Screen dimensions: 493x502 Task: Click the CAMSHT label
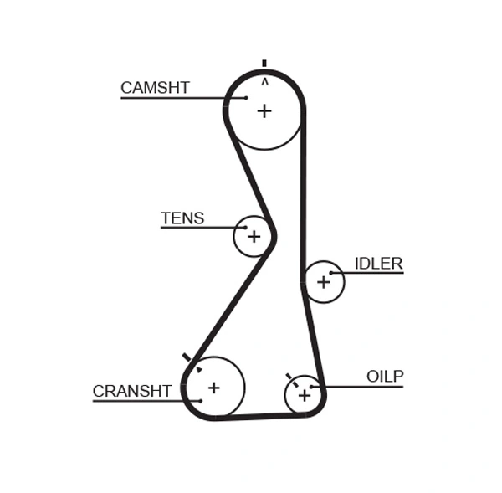click(155, 88)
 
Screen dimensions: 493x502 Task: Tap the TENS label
click(182, 218)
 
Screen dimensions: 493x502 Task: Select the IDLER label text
click(378, 264)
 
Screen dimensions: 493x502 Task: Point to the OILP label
click(385, 377)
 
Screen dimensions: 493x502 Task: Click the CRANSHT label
click(132, 391)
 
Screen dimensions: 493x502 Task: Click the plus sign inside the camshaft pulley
click(264, 110)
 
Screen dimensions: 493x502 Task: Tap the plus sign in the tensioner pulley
click(254, 237)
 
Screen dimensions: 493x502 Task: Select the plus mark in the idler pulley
click(324, 282)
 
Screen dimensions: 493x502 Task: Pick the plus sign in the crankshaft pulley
click(214, 388)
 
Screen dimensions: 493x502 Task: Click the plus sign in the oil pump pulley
click(304, 395)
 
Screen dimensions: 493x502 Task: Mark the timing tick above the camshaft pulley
click(264, 63)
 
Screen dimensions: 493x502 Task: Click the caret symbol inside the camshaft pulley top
click(265, 82)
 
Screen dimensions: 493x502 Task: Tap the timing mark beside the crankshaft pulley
click(187, 357)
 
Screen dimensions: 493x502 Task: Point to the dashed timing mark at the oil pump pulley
click(292, 381)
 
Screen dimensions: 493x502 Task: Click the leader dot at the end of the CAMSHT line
click(246, 98)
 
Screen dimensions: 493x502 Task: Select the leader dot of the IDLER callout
click(331, 273)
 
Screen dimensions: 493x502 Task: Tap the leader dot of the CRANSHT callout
click(201, 401)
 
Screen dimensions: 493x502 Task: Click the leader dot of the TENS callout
click(245, 227)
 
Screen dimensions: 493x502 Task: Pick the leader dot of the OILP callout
click(312, 387)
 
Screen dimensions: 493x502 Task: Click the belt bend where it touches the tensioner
click(273, 238)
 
